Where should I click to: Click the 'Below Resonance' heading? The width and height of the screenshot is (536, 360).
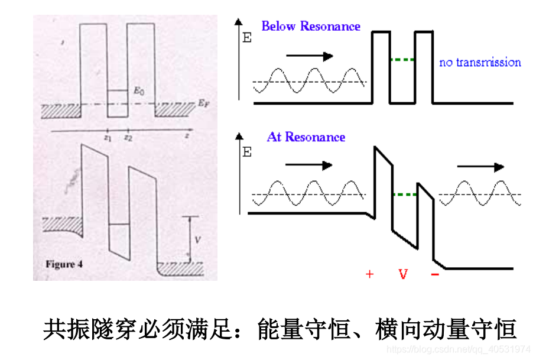point(310,27)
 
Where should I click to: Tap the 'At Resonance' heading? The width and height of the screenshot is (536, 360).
point(306,137)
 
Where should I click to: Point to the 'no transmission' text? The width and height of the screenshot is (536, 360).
point(480,62)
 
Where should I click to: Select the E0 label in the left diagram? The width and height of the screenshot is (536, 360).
point(138,90)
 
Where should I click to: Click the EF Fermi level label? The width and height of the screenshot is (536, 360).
point(203,103)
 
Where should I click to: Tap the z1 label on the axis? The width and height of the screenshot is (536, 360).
point(107,137)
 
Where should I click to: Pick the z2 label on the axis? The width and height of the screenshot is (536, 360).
point(127,137)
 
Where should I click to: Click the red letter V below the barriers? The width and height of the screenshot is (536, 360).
point(403,274)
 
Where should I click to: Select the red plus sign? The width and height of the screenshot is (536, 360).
point(370,274)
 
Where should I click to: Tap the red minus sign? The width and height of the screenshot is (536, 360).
point(435,274)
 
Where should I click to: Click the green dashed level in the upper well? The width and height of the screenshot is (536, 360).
point(402,60)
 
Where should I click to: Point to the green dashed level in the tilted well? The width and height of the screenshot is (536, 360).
point(405,194)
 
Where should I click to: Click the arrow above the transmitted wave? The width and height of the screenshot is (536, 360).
point(480,167)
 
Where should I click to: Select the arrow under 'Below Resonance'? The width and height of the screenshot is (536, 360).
point(309,56)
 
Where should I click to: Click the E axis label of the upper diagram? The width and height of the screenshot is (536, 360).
point(246,40)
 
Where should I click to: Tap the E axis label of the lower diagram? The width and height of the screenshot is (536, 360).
point(246,153)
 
